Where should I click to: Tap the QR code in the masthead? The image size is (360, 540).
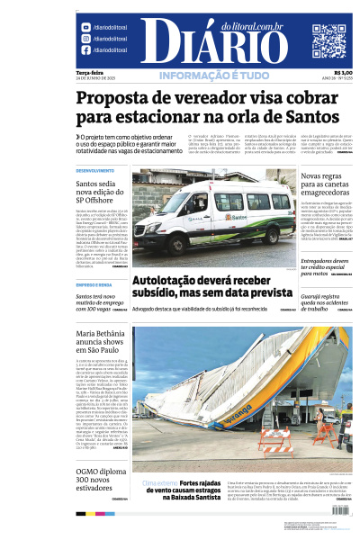click(328, 40)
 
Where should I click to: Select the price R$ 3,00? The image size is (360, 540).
click(343, 73)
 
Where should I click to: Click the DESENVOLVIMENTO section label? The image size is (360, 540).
click(94, 170)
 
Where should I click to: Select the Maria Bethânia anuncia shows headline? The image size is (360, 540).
click(99, 343)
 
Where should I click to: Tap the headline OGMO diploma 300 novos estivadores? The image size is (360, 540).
click(100, 475)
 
